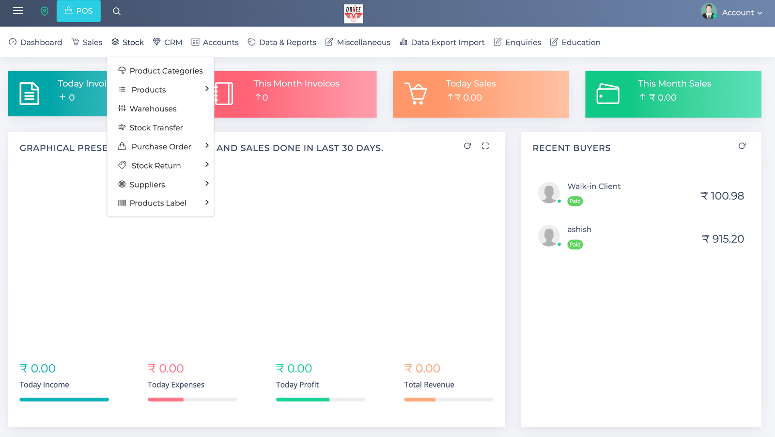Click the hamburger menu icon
coord(18,11)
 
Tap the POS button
coord(78,11)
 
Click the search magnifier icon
coord(117,11)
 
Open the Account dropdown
coord(732,12)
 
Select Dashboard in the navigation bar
coord(36,42)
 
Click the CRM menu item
coord(168,42)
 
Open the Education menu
coord(575,42)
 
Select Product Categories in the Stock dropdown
coord(166,71)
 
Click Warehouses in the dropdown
coord(153,109)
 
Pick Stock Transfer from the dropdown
coord(156,127)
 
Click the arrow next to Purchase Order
coord(207,146)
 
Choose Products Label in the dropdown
coord(157,203)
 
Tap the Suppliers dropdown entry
coord(147,185)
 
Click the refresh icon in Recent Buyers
coord(742,146)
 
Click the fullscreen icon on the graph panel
coord(485,146)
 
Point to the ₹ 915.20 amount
coord(723,239)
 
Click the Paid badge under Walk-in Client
coord(575,201)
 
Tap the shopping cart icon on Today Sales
coord(416,94)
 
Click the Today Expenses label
coord(176,385)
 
